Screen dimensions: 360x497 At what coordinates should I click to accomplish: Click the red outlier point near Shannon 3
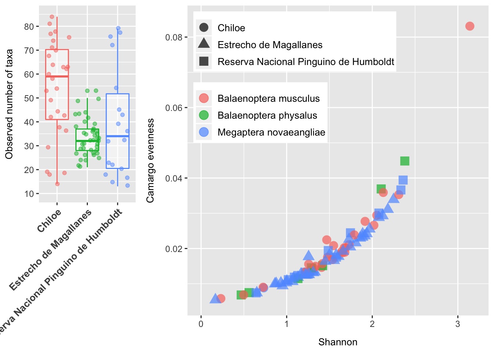click(469, 26)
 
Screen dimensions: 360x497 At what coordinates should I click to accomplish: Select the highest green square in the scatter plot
click(404, 161)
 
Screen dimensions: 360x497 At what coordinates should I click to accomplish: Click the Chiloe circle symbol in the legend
click(204, 28)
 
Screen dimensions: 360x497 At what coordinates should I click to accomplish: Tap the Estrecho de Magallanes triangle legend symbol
click(204, 44)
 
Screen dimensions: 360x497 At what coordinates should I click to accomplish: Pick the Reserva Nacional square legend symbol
click(204, 61)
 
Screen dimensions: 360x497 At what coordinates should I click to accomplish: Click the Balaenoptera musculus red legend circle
click(204, 98)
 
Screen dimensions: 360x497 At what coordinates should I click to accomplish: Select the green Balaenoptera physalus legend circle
click(204, 115)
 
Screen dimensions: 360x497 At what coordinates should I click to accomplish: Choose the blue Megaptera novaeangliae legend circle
click(204, 132)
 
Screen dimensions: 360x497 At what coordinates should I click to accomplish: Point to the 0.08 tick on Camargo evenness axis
click(174, 37)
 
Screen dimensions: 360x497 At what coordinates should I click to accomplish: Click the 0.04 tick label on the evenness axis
click(174, 178)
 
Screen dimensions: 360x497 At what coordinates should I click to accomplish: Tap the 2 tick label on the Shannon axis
click(372, 324)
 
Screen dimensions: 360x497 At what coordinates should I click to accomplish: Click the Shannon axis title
click(337, 342)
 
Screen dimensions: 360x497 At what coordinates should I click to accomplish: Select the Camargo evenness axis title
click(150, 161)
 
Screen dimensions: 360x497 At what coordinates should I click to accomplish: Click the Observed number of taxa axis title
click(9, 104)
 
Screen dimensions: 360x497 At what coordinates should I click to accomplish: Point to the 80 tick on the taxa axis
click(29, 26)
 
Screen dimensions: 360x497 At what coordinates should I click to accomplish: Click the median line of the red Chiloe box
click(57, 76)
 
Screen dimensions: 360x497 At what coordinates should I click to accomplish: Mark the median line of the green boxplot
click(87, 141)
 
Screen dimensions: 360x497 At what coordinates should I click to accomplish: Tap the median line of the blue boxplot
click(118, 136)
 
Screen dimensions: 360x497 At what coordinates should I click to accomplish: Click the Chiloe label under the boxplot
click(49, 220)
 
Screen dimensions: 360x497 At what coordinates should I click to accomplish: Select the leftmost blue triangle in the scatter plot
click(215, 298)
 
